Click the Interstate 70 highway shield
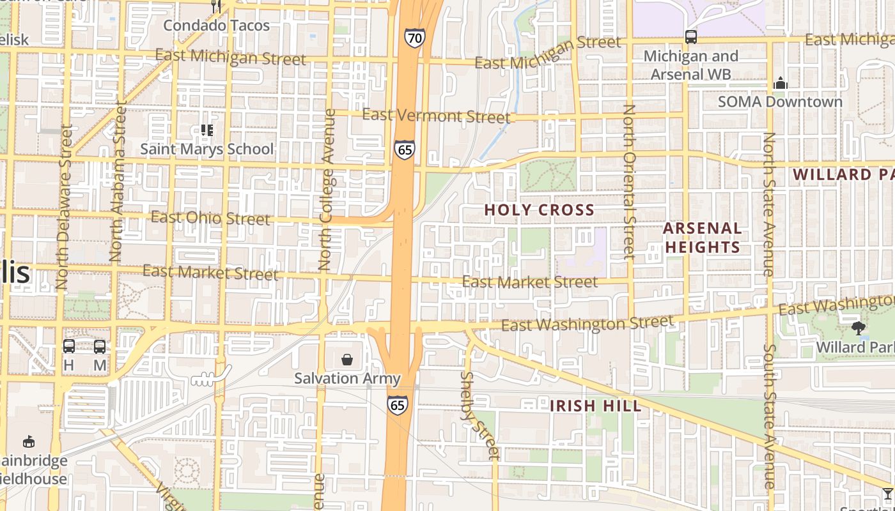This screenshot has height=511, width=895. (x=414, y=38)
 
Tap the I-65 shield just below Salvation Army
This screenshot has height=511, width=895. (x=397, y=405)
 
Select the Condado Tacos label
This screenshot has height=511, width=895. (x=217, y=26)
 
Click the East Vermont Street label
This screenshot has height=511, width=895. (x=436, y=116)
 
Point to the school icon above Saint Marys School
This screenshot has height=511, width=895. (x=206, y=130)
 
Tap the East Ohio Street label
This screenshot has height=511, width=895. (x=210, y=218)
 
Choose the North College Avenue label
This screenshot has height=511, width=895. (x=326, y=189)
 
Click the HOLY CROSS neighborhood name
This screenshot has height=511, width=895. (x=539, y=210)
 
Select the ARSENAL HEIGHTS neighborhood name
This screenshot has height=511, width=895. (x=702, y=238)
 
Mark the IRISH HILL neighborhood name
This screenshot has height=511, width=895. (x=595, y=406)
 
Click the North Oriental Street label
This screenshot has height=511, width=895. (x=629, y=181)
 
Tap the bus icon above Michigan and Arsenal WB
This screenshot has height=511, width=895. (x=690, y=36)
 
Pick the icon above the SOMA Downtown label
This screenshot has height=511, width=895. (x=780, y=83)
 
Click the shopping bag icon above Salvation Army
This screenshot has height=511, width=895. (x=347, y=360)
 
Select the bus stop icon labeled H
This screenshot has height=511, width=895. (x=68, y=346)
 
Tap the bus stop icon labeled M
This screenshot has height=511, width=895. (x=100, y=346)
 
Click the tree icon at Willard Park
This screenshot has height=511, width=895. (x=859, y=328)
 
